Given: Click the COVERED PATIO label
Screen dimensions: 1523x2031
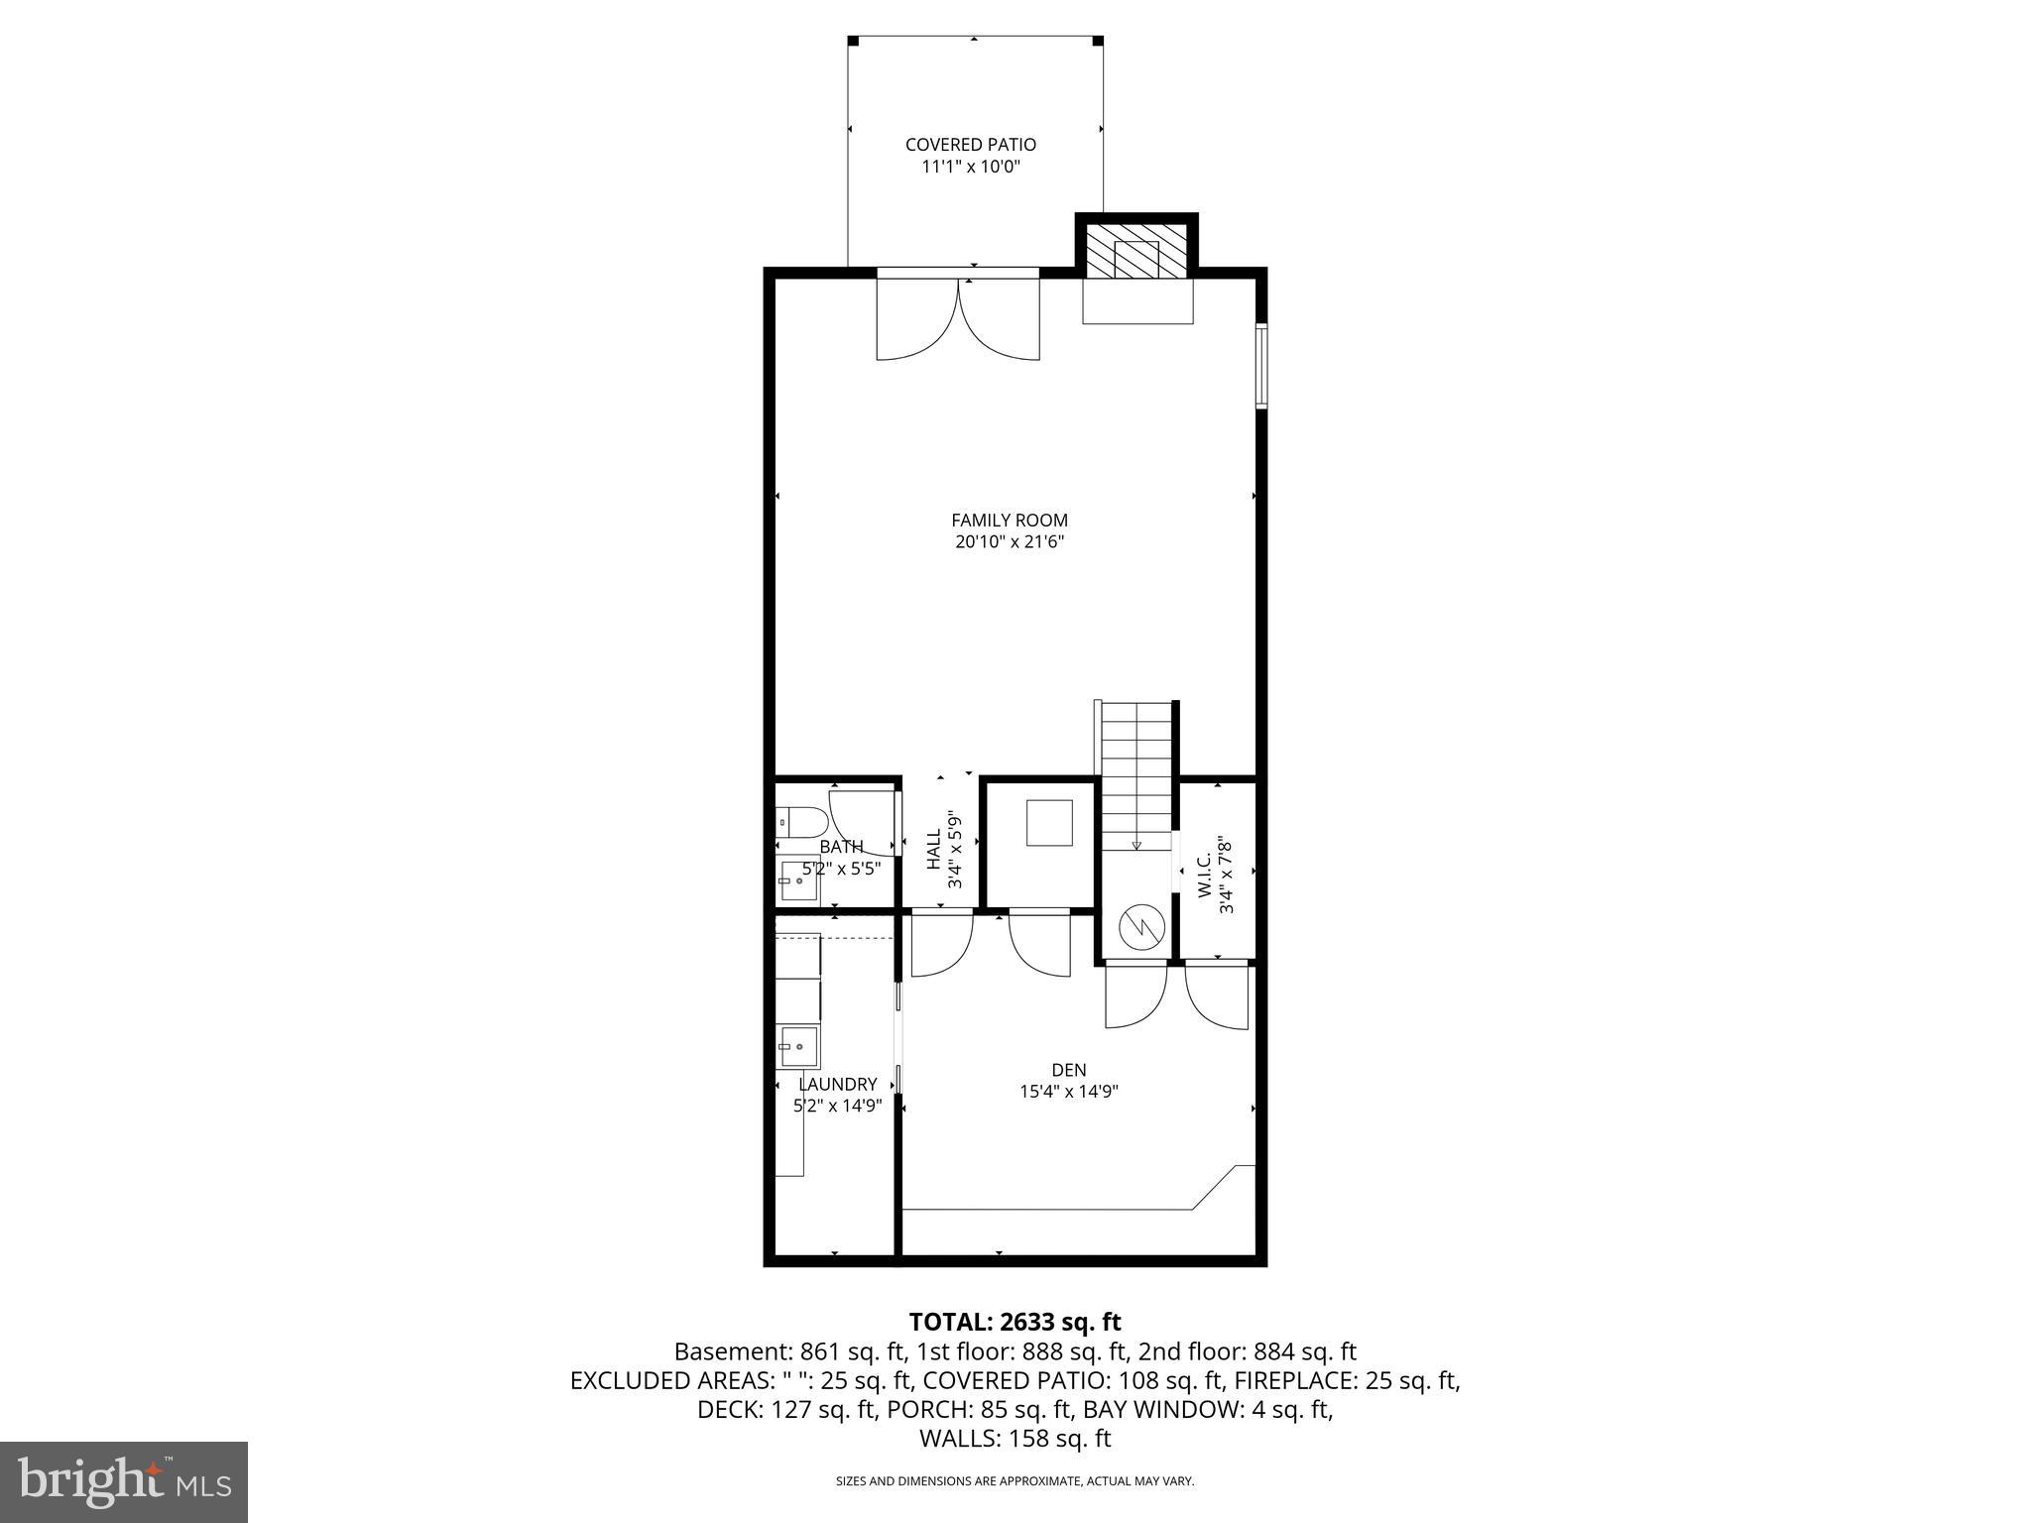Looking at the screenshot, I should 970,145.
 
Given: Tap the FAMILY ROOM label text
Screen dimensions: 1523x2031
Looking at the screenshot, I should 1009,520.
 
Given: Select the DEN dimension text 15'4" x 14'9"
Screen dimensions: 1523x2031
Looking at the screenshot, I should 1069,1092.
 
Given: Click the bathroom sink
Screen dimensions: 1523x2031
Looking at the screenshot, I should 797,880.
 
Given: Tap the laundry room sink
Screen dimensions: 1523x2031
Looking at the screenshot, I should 797,1047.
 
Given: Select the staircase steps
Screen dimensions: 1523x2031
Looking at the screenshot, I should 1136,773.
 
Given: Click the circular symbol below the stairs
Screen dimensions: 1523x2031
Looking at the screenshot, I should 1137,927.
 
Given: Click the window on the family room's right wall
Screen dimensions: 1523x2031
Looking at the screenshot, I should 1261,366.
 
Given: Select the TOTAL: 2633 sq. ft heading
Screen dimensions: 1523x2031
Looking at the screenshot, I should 1015,1322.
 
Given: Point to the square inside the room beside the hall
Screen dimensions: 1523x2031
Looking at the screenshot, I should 1049,823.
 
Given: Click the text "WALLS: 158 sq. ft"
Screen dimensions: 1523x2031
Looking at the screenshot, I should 1015,1439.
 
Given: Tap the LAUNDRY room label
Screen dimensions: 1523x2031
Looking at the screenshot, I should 838,1084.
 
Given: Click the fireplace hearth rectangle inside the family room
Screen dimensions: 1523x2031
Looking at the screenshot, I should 1136,301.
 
